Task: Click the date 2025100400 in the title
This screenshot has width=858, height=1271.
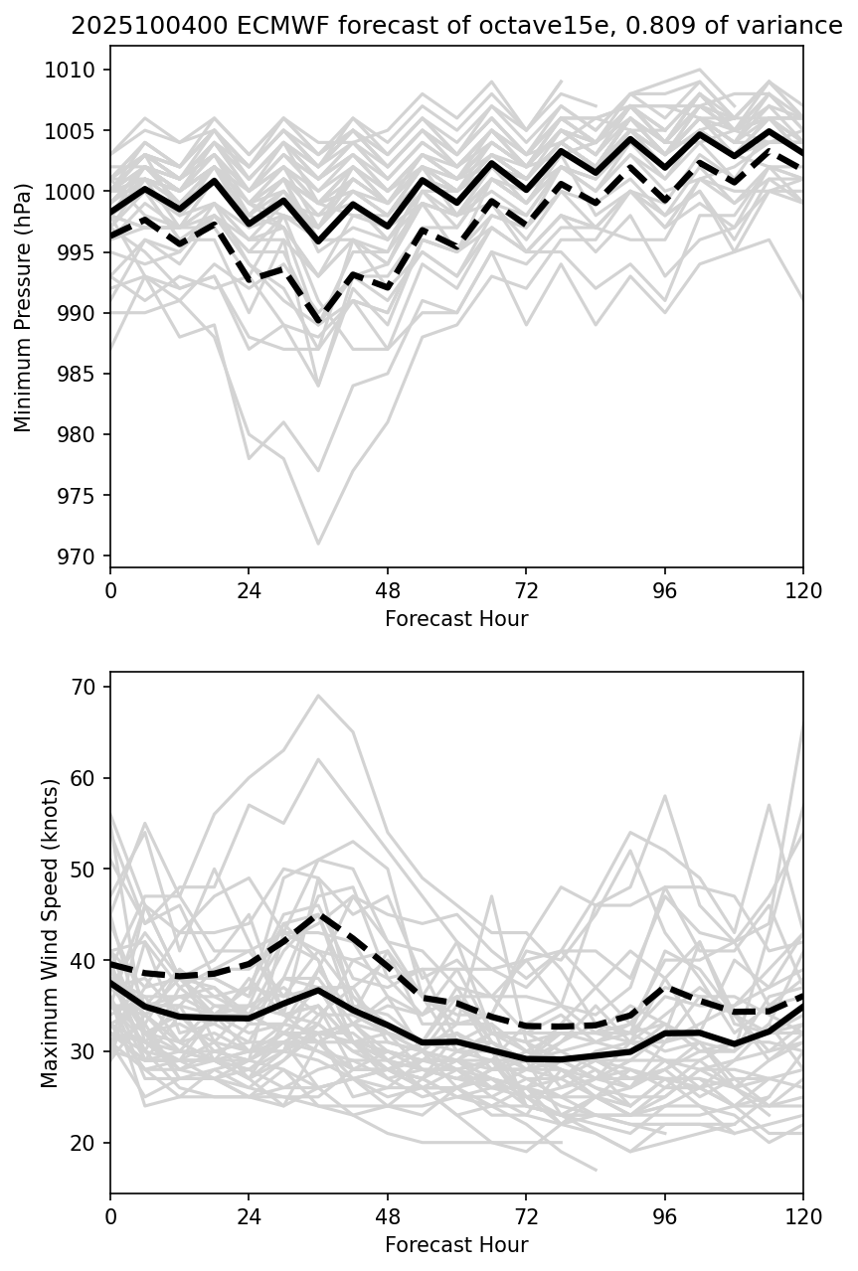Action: [x=127, y=27]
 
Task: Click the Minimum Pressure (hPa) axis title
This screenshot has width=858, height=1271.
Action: [x=23, y=307]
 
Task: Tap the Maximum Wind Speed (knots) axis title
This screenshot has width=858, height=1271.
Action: [x=50, y=932]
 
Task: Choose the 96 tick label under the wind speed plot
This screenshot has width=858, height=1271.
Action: [x=665, y=1216]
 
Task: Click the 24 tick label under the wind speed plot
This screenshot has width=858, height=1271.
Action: [x=249, y=1216]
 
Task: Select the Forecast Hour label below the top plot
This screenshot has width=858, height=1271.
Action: [x=456, y=619]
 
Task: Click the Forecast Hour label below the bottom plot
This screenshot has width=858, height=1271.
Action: [x=456, y=1245]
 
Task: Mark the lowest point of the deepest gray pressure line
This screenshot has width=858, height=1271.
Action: [x=318, y=544]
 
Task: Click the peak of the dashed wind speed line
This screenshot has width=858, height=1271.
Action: [x=318, y=913]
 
